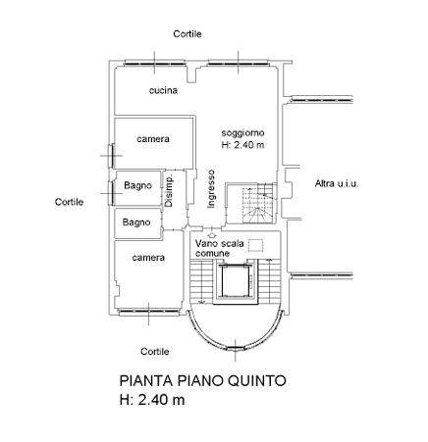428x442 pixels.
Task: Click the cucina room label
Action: click(x=163, y=90)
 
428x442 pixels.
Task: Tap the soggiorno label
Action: click(x=242, y=133)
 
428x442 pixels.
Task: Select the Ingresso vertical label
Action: click(x=211, y=189)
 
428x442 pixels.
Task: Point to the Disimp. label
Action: click(x=169, y=191)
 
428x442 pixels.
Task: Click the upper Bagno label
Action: click(x=137, y=185)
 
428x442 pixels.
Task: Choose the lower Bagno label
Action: click(x=136, y=222)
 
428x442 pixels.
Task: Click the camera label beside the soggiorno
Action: click(x=153, y=139)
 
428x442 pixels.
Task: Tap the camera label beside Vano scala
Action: click(x=148, y=258)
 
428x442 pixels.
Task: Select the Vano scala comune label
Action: click(x=220, y=248)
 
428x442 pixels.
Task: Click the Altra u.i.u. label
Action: click(x=337, y=183)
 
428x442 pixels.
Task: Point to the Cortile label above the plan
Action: click(x=187, y=34)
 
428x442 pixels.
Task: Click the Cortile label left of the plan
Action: click(x=69, y=202)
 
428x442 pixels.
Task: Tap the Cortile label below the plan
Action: click(x=155, y=352)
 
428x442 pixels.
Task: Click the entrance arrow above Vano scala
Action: click(x=212, y=234)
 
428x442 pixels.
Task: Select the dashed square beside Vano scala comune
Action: click(x=255, y=245)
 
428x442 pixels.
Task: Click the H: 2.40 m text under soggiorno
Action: click(x=242, y=145)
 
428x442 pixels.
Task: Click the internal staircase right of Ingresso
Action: click(x=259, y=203)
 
